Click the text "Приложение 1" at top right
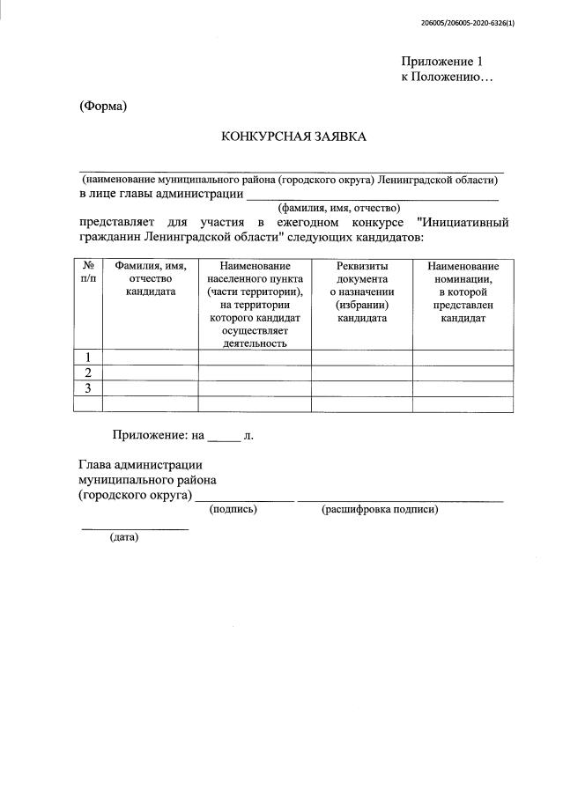[x=442, y=62]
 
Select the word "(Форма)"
[x=103, y=107]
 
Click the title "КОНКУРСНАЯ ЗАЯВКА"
[x=293, y=137]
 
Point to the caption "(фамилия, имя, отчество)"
[x=339, y=208]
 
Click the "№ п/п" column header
[x=88, y=272]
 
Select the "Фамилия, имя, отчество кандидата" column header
[x=150, y=278]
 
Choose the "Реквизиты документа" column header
[x=362, y=291]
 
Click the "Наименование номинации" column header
[x=463, y=291]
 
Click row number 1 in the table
[x=88, y=357]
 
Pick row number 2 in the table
[x=88, y=373]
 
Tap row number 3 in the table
[x=88, y=388]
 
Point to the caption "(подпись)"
[x=233, y=510]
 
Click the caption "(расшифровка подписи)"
[x=380, y=510]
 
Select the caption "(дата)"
[x=124, y=537]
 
